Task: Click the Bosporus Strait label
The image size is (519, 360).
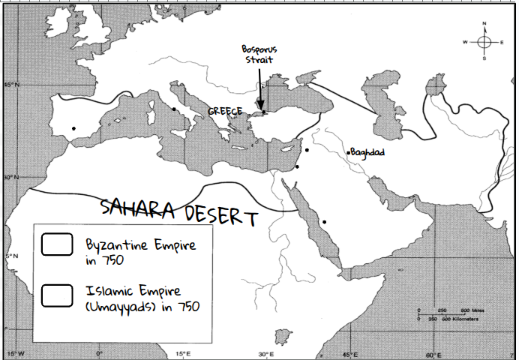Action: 257,54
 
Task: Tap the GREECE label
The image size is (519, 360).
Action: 225,111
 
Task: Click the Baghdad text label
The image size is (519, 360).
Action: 367,151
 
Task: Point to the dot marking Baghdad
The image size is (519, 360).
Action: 348,152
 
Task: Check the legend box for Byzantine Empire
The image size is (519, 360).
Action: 57,245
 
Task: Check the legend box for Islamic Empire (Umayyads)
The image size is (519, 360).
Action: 57,295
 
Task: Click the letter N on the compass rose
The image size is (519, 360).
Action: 484,24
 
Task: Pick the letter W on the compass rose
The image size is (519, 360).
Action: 466,41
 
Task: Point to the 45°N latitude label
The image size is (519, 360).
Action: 11,85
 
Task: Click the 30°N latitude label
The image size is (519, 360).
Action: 11,177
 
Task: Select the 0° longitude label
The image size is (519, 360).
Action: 100,353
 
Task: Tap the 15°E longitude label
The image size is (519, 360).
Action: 182,353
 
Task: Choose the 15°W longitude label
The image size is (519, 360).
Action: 15,353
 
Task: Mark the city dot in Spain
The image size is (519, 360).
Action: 73,129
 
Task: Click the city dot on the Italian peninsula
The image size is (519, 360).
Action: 174,109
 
